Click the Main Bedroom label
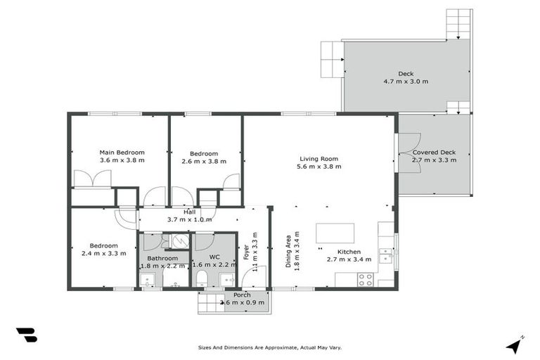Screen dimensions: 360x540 (122, 153)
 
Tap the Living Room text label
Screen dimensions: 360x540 (319, 159)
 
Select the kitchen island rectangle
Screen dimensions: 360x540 (335, 233)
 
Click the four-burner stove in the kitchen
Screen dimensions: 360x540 (365, 279)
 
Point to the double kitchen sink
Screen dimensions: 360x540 (385, 255)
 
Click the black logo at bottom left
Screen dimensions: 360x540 (26, 335)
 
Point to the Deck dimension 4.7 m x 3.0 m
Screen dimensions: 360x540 (406, 82)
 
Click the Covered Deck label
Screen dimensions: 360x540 (434, 152)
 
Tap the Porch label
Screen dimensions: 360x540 (233, 295)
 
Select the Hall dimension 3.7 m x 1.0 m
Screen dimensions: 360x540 (189, 219)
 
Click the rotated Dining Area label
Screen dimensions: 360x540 (288, 251)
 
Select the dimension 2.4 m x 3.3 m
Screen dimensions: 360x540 (103, 253)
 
